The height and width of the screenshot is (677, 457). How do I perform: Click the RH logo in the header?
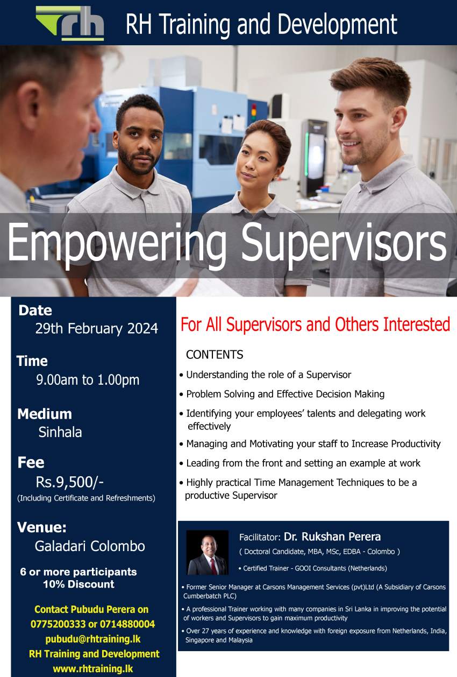point(70,23)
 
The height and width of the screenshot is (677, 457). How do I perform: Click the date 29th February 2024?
point(97,328)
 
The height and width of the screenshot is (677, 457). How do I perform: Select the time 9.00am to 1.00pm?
point(88,380)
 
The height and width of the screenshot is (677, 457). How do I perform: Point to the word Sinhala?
point(60,432)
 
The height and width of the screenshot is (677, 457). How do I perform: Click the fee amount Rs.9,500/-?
point(70,482)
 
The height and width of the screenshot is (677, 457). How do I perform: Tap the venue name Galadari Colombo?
point(90,546)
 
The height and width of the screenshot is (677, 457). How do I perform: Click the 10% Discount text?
point(79,584)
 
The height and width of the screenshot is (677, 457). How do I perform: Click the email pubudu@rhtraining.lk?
point(93,639)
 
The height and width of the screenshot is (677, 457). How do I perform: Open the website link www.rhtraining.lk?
point(93,668)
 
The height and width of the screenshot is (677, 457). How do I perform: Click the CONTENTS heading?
point(215,355)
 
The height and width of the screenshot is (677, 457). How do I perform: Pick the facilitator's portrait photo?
point(208,553)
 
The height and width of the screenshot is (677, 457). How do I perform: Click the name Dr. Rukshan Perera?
point(332,537)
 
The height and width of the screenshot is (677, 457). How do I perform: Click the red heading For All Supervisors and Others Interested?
point(316,325)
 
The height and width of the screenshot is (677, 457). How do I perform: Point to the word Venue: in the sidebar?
point(41,527)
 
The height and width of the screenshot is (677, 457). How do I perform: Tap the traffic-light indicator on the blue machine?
point(254,111)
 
